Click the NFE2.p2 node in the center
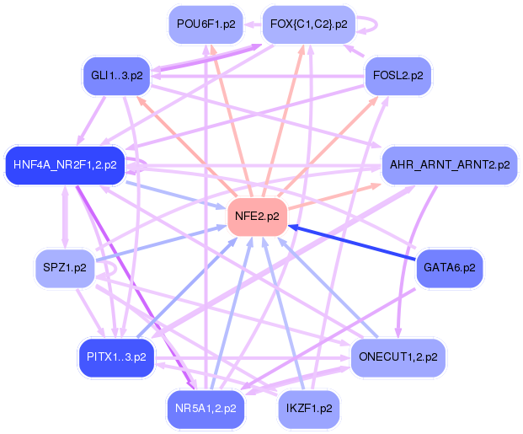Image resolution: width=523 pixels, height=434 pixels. coord(257,217)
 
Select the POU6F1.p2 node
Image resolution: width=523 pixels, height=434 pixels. coord(205,24)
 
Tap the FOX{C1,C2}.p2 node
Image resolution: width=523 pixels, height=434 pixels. coord(309,24)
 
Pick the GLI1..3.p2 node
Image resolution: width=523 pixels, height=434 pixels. coord(117,76)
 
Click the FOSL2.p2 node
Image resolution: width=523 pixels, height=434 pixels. coord(398,76)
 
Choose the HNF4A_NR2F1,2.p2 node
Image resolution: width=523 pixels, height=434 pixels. coord(65,165)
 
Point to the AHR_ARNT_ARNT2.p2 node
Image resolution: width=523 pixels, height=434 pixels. coord(450,165)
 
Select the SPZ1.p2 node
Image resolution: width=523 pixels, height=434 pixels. coord(65,268)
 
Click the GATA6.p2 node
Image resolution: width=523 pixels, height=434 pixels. coord(450,268)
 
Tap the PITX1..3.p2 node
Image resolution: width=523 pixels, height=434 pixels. coord(117,357)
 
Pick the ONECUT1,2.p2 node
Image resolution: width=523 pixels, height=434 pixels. coord(398,357)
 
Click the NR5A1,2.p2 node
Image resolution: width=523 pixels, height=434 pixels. coord(205,409)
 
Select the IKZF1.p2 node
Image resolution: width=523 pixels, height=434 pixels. coord(309,409)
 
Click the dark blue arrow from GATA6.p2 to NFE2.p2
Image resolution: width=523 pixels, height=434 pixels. coord(352,243)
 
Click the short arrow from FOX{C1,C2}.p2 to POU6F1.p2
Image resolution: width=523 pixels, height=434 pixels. coord(253,24)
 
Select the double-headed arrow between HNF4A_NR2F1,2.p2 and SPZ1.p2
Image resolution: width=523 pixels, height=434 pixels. coord(65,217)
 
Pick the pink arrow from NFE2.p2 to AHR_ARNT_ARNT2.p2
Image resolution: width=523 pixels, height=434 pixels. coord(334,197)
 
